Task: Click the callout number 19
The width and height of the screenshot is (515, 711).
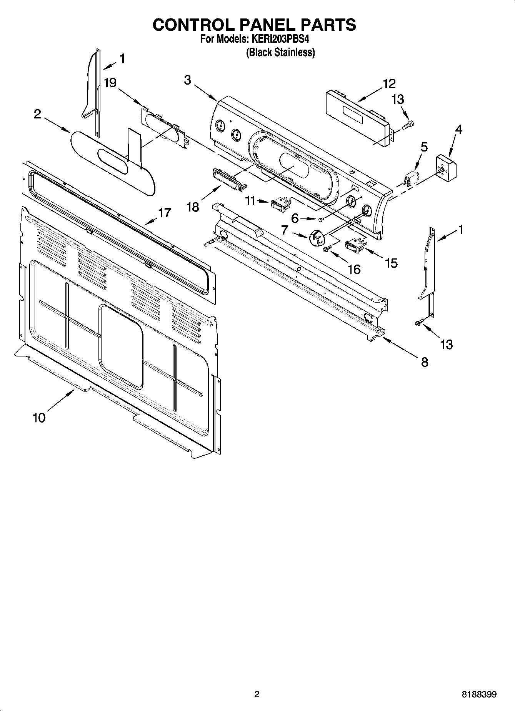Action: pos(110,83)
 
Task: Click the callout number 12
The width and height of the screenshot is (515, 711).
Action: pos(389,83)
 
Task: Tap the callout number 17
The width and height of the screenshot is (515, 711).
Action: pos(165,213)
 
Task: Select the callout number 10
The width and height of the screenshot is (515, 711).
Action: pos(39,417)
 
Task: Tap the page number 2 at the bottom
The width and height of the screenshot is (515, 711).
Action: pos(257,694)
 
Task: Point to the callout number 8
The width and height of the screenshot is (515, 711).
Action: pos(424,362)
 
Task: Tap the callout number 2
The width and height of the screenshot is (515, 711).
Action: pos(37,114)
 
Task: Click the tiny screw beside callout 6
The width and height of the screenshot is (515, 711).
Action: pos(322,219)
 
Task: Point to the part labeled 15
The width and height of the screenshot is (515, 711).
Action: pos(354,245)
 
